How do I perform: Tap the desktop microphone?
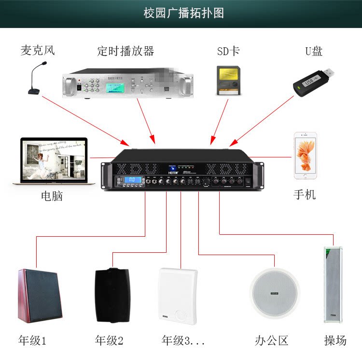tap(37, 80)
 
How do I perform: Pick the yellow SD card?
tap(228, 80)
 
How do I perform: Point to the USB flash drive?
tap(314, 79)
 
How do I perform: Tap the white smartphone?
tap(305, 156)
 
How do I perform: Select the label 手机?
tap(305, 194)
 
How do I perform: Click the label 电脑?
tap(52, 196)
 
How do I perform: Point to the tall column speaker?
tap(333, 285)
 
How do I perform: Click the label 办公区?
tap(272, 341)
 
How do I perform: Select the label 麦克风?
tap(38, 50)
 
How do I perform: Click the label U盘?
tap(314, 51)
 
